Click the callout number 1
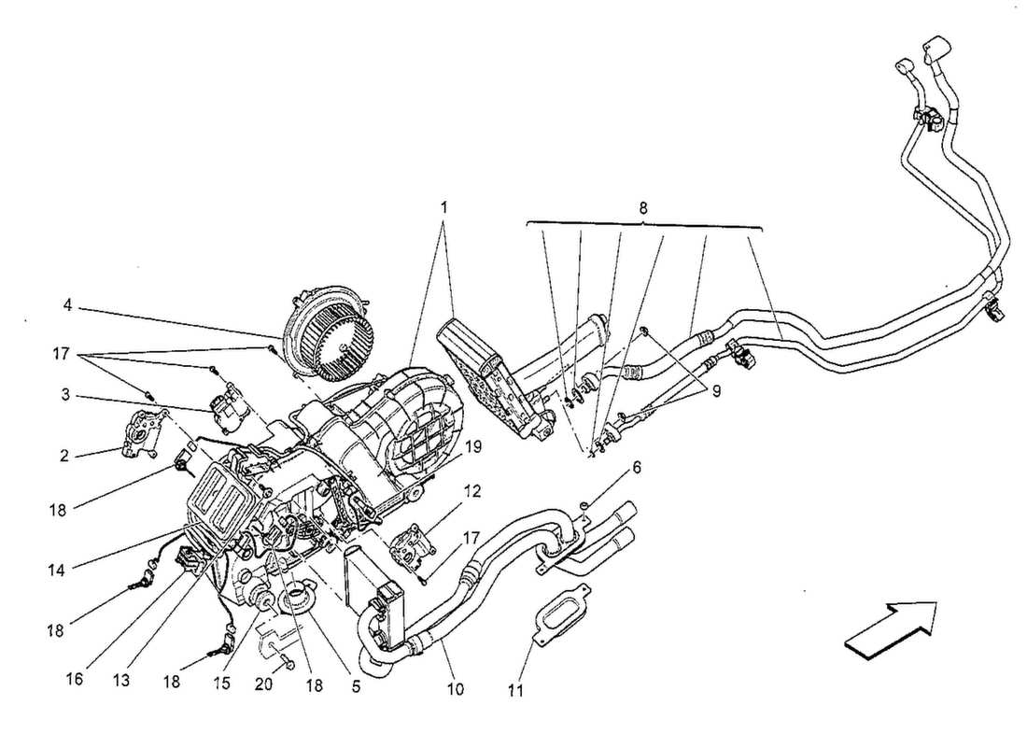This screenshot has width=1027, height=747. click(444, 207)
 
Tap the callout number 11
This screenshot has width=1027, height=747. click(516, 692)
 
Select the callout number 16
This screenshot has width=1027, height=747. click(76, 677)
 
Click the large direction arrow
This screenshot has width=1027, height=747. click(892, 624)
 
